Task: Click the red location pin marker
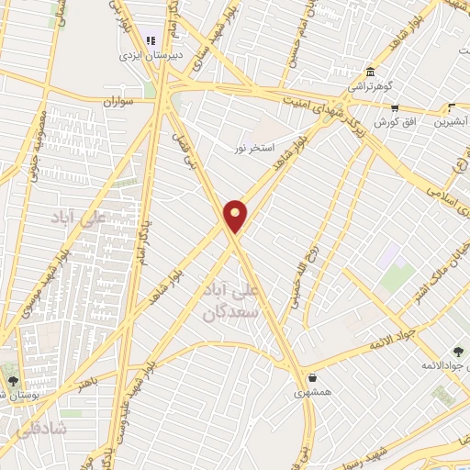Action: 236,217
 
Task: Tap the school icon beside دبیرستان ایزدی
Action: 151,40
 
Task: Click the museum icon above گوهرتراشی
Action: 369,73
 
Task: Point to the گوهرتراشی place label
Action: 369,87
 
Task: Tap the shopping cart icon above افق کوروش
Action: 394,107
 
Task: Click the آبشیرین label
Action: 454,122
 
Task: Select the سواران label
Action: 119,102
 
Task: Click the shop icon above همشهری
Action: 313,377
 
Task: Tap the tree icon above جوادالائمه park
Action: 458,352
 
